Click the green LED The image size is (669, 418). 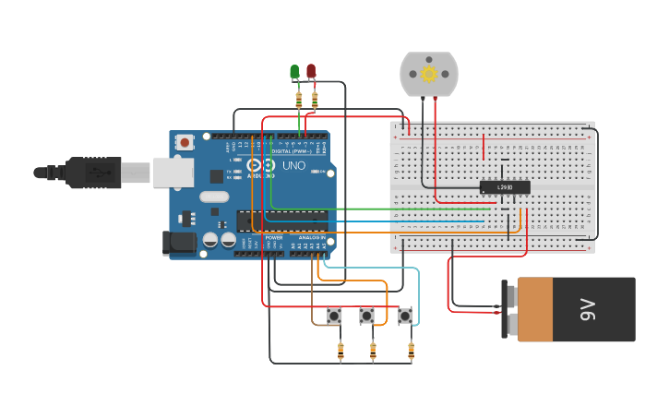[x=294, y=71]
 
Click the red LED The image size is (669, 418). [x=311, y=70]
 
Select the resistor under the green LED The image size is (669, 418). [x=298, y=100]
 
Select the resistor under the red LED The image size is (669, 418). [x=315, y=100]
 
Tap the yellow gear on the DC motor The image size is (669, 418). [x=428, y=74]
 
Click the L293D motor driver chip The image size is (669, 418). [x=505, y=187]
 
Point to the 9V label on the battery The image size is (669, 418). [x=589, y=310]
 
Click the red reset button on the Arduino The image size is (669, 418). [x=185, y=142]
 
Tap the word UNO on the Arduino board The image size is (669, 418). [x=293, y=166]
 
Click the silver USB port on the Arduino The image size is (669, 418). [x=173, y=172]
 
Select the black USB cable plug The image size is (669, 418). [x=92, y=172]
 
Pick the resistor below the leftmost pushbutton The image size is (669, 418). [x=340, y=351]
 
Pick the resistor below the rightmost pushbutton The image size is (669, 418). [x=411, y=351]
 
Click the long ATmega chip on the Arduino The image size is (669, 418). [x=282, y=221]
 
